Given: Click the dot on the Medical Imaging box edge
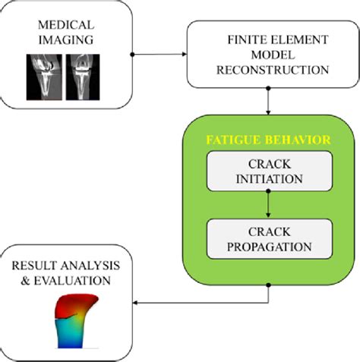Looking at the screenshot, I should click(x=133, y=54).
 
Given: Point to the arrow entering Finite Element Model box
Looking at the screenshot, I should click(x=183, y=54).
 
